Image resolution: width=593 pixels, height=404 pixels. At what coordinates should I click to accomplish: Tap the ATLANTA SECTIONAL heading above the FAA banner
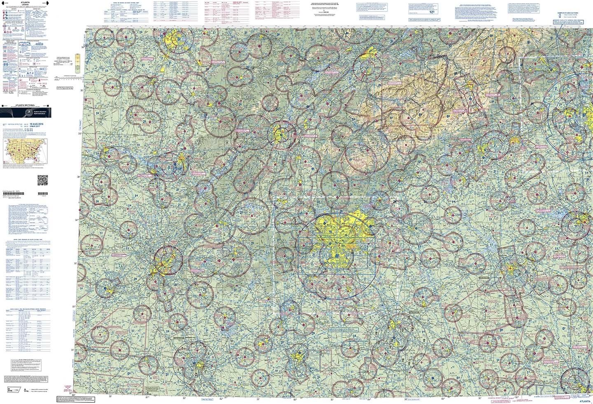click(28, 106)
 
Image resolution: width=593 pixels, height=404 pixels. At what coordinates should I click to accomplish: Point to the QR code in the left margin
click(42, 180)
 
